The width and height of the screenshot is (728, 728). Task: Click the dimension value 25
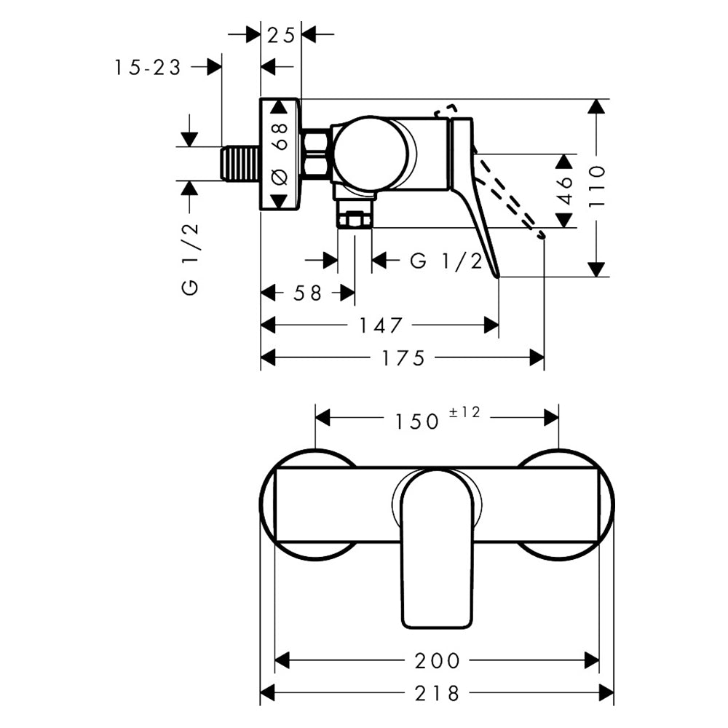[x=280, y=34]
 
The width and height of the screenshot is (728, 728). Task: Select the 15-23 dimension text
[x=147, y=67]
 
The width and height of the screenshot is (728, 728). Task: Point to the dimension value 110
[x=597, y=187]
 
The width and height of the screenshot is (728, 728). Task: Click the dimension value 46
[x=566, y=190]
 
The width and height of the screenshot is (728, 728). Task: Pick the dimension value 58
[x=307, y=293]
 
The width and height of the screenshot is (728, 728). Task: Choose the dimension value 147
[x=380, y=325]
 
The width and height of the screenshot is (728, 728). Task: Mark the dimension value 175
[x=402, y=358]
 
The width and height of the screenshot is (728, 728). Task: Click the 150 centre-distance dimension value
[x=417, y=421]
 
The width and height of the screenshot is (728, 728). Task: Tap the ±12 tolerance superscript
[x=464, y=413]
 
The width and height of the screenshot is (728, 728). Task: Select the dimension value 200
[x=437, y=660]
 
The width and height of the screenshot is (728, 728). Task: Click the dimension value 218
[x=437, y=693]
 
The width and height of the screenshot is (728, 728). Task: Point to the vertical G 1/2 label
[x=190, y=258]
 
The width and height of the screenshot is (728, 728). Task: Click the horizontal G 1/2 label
[x=446, y=261]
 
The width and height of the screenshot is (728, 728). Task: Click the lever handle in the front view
[x=437, y=553]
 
